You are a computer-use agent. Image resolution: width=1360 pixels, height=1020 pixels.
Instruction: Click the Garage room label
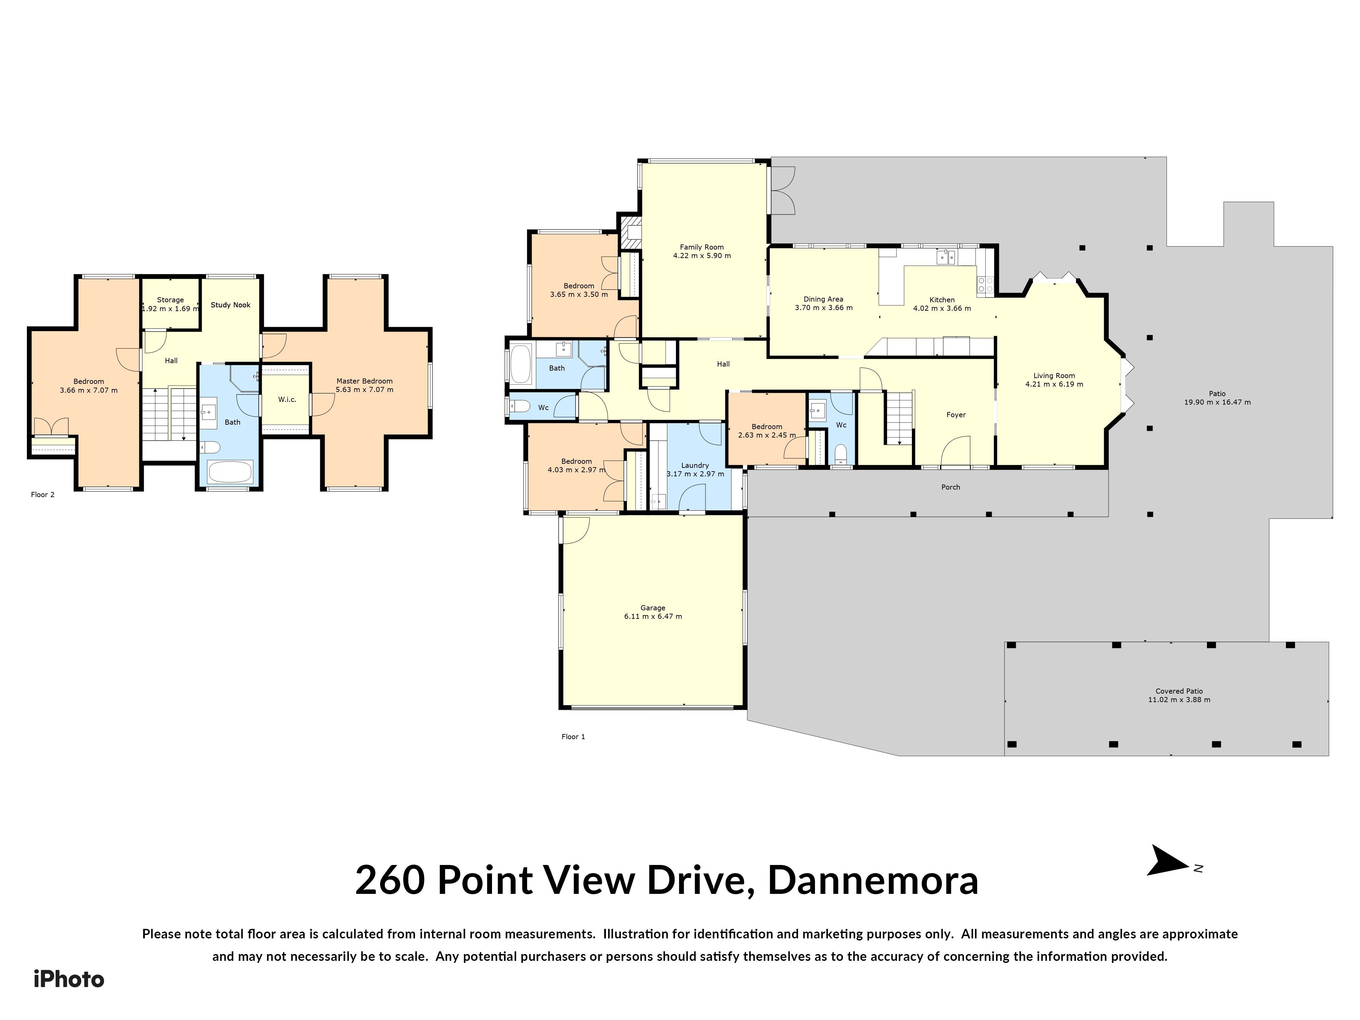pyautogui.click(x=652, y=608)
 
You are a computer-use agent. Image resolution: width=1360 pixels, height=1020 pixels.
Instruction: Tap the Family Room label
pyautogui.click(x=701, y=247)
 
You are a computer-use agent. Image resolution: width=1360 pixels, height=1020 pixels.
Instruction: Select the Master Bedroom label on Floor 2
pyautogui.click(x=364, y=381)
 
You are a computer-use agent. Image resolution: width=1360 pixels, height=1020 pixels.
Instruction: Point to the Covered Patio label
pyautogui.click(x=1179, y=691)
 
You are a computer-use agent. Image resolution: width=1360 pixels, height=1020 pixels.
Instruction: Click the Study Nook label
pyautogui.click(x=231, y=305)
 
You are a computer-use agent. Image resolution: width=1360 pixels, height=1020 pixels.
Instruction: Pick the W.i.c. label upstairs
pyautogui.click(x=287, y=400)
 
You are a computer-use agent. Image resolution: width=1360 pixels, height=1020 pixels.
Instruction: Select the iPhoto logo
pyautogui.click(x=69, y=979)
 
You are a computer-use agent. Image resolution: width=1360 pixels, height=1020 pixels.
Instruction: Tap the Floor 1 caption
pyautogui.click(x=573, y=736)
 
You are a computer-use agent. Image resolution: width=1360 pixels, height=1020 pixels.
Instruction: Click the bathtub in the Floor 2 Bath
pyautogui.click(x=230, y=472)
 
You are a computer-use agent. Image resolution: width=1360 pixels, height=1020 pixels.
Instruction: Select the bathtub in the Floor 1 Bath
pyautogui.click(x=521, y=364)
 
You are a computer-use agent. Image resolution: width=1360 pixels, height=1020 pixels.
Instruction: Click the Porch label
pyautogui.click(x=951, y=487)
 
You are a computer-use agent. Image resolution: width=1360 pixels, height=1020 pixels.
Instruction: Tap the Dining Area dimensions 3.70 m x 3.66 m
pyautogui.click(x=823, y=308)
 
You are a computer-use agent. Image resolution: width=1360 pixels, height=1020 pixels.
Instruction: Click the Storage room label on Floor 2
pyautogui.click(x=170, y=300)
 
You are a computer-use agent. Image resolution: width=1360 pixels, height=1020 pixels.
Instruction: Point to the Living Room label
pyautogui.click(x=1054, y=376)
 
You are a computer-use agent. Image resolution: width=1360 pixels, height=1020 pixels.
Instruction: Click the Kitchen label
pyautogui.click(x=942, y=300)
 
